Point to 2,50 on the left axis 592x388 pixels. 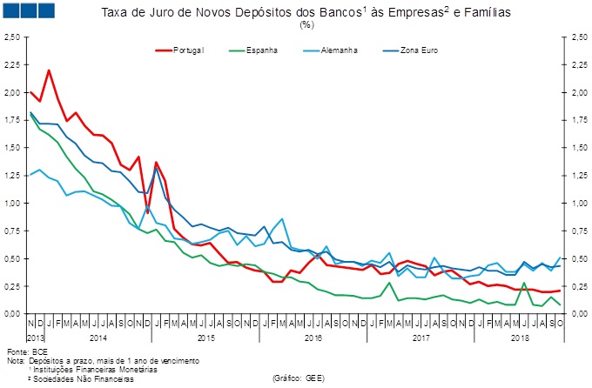11,37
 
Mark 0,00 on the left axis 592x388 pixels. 11,313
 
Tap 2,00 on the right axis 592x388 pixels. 579,93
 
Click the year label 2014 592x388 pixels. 98,336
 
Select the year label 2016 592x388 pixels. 313,336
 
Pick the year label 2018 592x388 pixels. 521,336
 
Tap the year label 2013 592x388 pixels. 35,336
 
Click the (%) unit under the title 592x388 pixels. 306,25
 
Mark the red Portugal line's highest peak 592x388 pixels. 49,70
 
